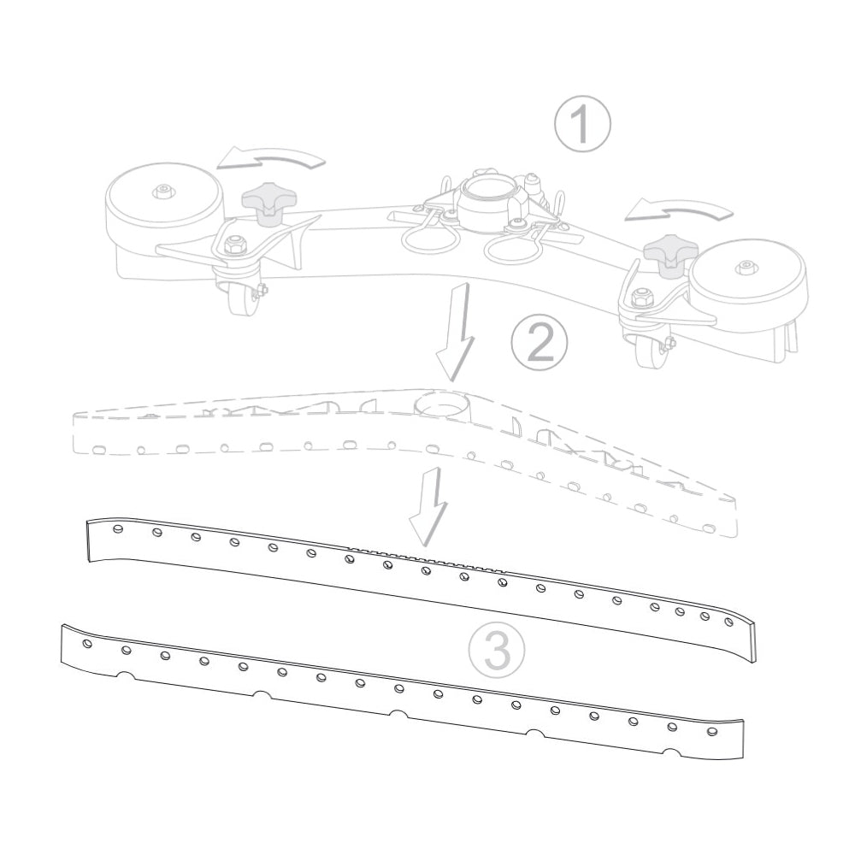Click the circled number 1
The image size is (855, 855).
(581, 124)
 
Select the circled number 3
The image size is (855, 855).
(497, 650)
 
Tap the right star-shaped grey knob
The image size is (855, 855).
(670, 254)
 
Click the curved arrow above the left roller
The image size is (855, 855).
(270, 157)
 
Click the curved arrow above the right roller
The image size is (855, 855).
(678, 209)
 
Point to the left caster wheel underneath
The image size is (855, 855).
(242, 298)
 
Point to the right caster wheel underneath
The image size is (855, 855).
(650, 351)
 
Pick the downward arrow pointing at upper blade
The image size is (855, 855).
(430, 506)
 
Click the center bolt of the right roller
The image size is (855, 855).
(746, 267)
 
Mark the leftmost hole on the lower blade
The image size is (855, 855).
(87, 644)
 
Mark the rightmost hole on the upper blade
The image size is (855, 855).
(729, 622)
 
